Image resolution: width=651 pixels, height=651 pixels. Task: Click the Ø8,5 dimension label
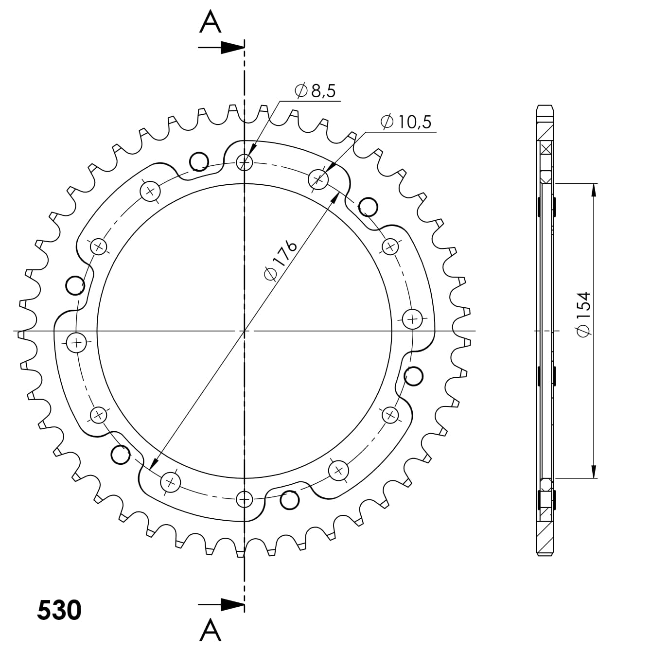tap(315, 91)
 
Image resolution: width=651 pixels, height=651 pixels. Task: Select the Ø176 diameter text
tap(281, 260)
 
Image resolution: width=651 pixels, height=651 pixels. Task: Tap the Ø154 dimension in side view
tap(582, 314)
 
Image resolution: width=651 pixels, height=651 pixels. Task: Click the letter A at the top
tap(211, 22)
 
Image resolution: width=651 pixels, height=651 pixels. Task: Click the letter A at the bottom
tap(211, 630)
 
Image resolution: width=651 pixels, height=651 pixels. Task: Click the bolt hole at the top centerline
tap(244, 161)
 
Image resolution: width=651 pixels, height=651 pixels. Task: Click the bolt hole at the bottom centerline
tap(244, 498)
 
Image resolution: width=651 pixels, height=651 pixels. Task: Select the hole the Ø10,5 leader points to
tap(318, 179)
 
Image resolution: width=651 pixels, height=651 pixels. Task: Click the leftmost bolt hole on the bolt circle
tap(76, 343)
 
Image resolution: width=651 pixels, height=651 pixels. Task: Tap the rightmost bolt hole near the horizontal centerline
tap(412, 319)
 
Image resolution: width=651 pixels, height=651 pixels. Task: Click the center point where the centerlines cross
tap(244, 331)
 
